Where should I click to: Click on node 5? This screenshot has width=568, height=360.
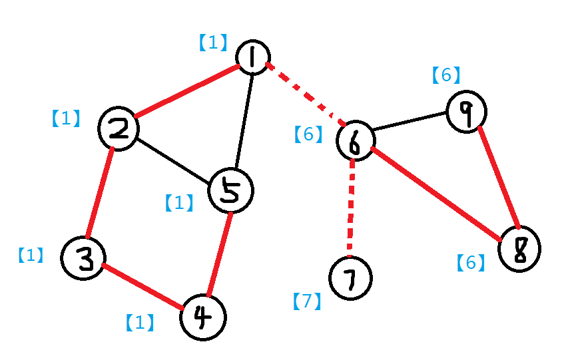click(230, 190)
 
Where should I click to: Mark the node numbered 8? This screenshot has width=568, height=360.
click(520, 249)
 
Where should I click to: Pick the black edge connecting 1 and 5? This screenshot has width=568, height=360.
click(242, 120)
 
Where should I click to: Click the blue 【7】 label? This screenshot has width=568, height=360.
click(307, 301)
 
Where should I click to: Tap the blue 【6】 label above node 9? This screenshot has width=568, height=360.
click(445, 75)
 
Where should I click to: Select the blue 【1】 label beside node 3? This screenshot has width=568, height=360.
click(30, 255)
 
